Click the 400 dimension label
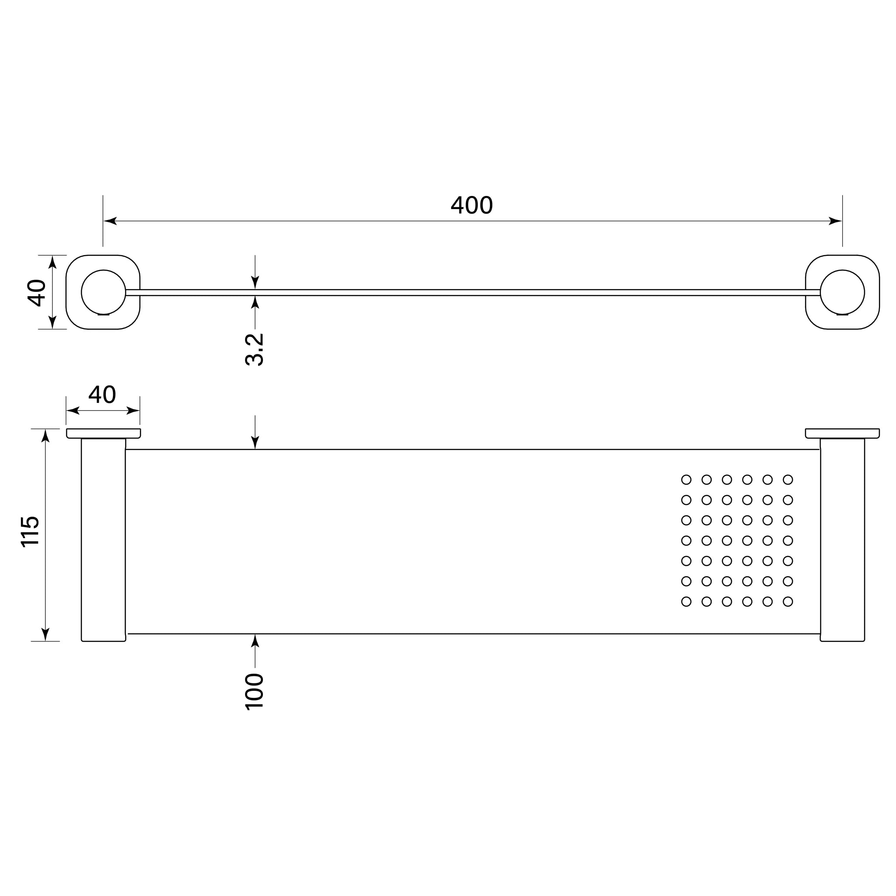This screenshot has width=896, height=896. click(472, 205)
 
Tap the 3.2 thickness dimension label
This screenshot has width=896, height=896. click(254, 350)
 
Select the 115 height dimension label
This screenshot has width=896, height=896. click(30, 532)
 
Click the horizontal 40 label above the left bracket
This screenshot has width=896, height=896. click(102, 394)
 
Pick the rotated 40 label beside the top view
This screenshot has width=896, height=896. click(36, 293)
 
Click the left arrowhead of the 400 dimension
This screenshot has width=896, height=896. click(110, 221)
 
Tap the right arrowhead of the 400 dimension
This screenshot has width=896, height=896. click(835, 221)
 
